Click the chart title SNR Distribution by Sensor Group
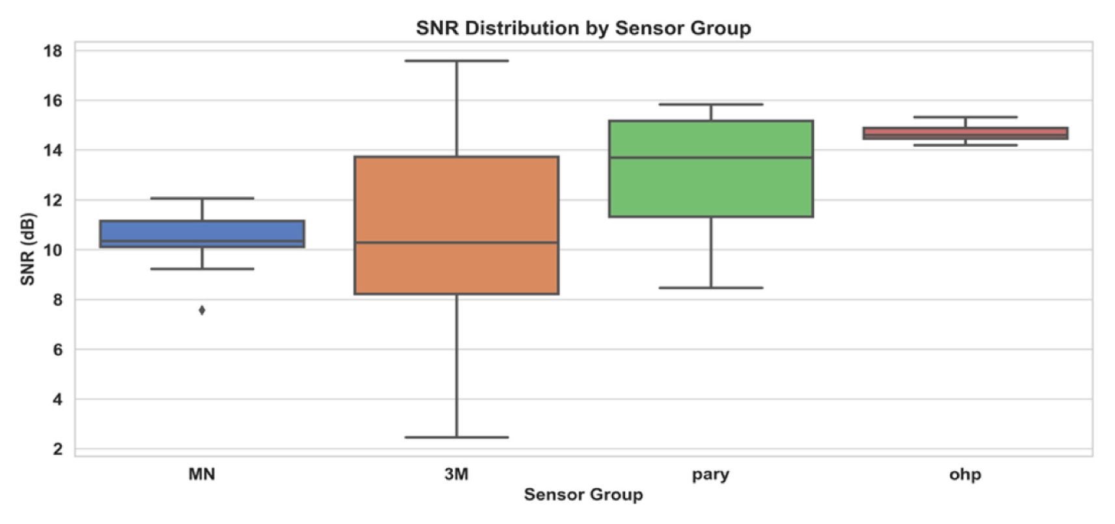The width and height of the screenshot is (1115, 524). pyautogui.click(x=583, y=28)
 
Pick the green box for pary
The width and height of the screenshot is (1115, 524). pyautogui.click(x=710, y=189)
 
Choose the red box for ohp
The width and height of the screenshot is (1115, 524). pyautogui.click(x=965, y=132)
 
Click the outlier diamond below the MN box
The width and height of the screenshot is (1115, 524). pyautogui.click(x=202, y=310)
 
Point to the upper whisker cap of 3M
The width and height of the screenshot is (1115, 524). pyautogui.click(x=456, y=60)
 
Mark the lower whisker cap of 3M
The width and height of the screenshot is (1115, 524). pyautogui.click(x=456, y=437)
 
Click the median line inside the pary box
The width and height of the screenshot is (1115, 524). pyautogui.click(x=710, y=157)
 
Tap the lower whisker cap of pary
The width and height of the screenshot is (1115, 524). pyautogui.click(x=710, y=287)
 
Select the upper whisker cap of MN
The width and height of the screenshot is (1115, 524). pyautogui.click(x=202, y=198)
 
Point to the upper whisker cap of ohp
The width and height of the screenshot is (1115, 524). pyautogui.click(x=965, y=117)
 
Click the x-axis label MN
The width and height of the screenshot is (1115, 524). pyautogui.click(x=202, y=474)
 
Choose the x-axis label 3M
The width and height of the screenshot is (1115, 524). pyautogui.click(x=456, y=474)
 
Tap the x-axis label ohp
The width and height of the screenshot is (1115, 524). pyautogui.click(x=965, y=475)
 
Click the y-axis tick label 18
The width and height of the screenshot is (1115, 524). pyautogui.click(x=53, y=51)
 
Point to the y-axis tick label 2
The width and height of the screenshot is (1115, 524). pyautogui.click(x=58, y=449)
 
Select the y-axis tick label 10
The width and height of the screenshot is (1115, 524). pyautogui.click(x=53, y=250)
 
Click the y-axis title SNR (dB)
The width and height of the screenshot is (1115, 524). pyautogui.click(x=27, y=249)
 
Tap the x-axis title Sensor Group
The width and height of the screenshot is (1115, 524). pyautogui.click(x=583, y=495)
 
